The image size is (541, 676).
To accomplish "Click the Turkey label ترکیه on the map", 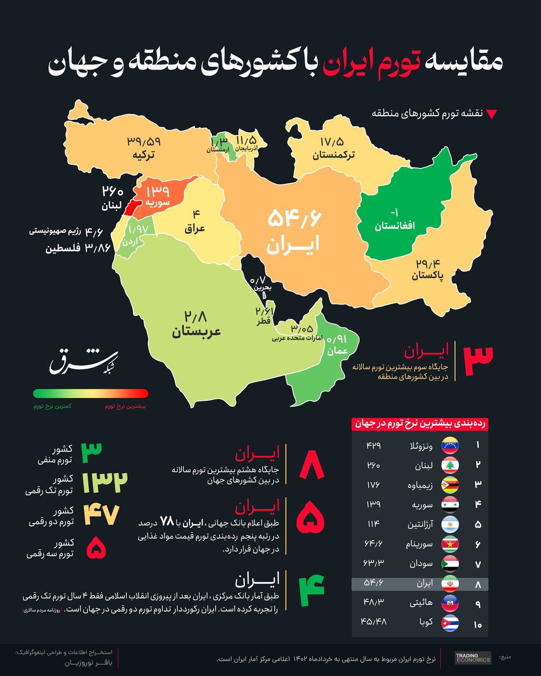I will (x=143, y=155).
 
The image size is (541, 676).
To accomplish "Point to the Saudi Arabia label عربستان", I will (x=196, y=332).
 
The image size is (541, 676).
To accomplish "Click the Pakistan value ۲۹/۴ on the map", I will (x=427, y=264).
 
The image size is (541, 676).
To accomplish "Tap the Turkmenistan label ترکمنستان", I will (x=333, y=155).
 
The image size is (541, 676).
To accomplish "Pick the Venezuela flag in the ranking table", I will (x=450, y=445).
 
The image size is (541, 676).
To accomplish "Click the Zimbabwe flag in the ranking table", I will (x=450, y=485).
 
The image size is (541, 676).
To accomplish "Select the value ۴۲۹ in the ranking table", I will (x=373, y=445).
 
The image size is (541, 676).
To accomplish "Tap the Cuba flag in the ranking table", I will (x=450, y=623).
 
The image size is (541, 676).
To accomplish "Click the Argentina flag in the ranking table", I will (x=450, y=524).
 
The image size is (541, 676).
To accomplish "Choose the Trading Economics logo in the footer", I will (x=473, y=658).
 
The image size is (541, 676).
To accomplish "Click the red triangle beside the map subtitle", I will (x=491, y=114).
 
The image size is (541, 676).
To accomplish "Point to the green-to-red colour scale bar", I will (x=90, y=393).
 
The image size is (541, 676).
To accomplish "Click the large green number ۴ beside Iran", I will (x=311, y=590).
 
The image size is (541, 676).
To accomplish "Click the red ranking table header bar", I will (x=419, y=424).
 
